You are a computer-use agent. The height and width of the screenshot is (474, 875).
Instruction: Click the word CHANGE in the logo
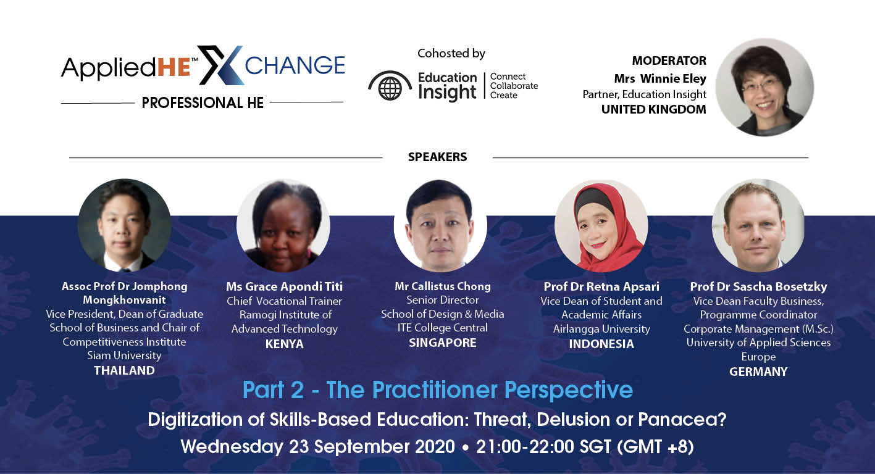click(295, 65)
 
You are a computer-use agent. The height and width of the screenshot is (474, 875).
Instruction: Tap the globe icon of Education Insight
click(390, 86)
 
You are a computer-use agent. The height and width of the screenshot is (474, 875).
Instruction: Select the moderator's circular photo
click(764, 87)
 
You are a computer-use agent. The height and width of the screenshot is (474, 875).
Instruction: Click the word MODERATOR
click(669, 60)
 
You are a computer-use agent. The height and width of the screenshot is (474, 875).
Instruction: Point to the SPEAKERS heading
click(437, 157)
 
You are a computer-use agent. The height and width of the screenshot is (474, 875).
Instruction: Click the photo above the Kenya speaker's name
click(283, 226)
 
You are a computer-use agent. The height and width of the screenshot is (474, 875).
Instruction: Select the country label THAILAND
click(124, 370)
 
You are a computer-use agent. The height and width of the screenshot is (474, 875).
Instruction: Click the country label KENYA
click(284, 344)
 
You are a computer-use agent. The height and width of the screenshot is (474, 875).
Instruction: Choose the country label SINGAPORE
click(442, 343)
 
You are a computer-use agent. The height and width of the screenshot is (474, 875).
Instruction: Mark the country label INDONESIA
click(601, 344)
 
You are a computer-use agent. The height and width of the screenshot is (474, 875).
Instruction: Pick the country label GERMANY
click(758, 372)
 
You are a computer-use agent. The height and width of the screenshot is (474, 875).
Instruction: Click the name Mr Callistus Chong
click(443, 286)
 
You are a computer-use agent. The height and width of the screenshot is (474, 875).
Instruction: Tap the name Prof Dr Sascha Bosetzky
click(758, 286)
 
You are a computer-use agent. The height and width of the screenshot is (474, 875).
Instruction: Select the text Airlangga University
click(601, 329)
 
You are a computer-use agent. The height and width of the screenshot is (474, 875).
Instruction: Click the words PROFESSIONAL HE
click(203, 103)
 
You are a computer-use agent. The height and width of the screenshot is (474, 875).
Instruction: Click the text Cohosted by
click(451, 54)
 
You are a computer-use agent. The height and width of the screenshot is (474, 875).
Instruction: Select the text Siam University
click(124, 355)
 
